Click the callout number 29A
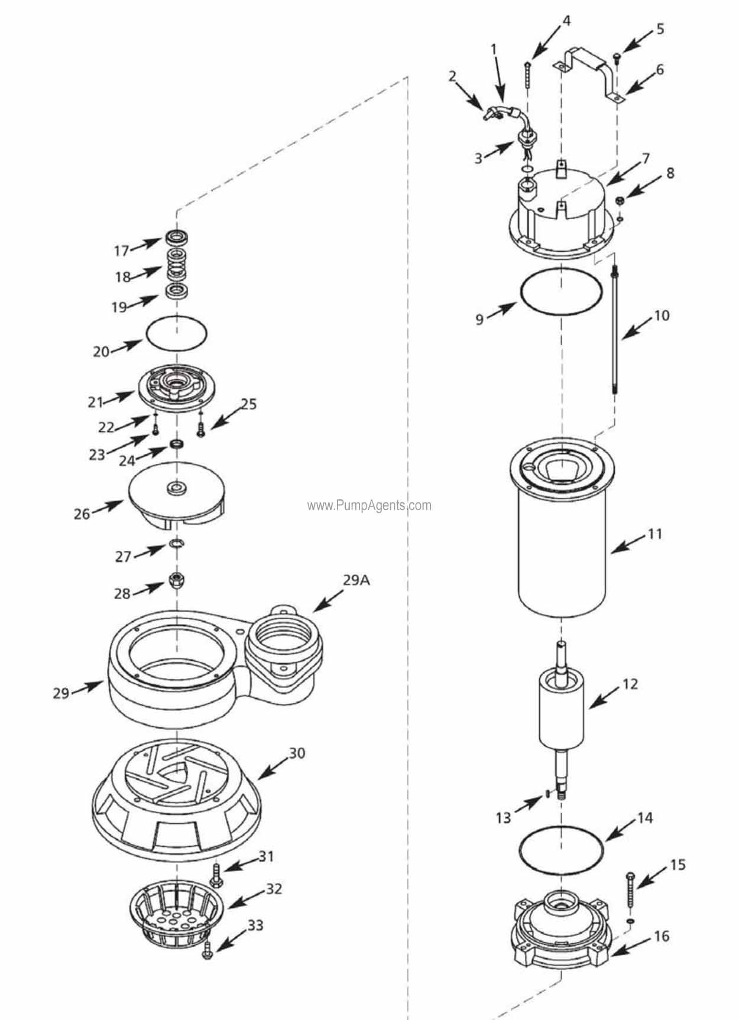pos(356,580)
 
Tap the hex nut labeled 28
pos(176,580)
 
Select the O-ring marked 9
pos(560,292)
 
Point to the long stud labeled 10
pos(615,331)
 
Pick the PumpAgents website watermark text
pos(369,505)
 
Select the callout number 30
pos(296,753)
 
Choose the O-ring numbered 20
pos(176,334)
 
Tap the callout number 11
pos(654,534)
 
